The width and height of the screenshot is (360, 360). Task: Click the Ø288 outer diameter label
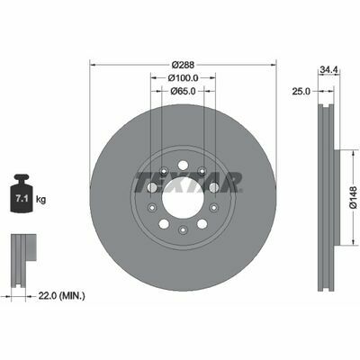click(183, 65)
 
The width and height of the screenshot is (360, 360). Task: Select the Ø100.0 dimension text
click(183, 78)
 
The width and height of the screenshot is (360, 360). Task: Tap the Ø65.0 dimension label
click(183, 91)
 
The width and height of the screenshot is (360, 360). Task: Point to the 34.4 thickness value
click(329, 69)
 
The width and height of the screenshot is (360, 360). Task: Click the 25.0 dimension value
click(301, 91)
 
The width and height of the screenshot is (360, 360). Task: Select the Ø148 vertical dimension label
click(353, 197)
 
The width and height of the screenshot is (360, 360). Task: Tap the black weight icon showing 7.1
click(22, 193)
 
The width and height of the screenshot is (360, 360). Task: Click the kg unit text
click(40, 199)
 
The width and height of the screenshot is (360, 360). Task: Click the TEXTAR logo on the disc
click(188, 182)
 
